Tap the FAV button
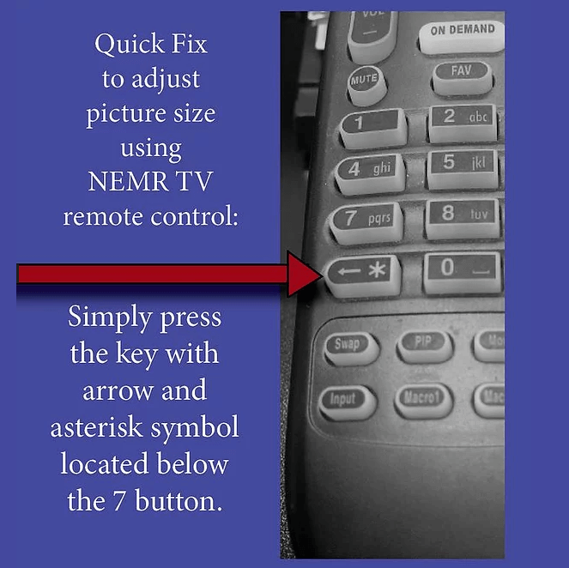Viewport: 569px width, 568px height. click(x=462, y=77)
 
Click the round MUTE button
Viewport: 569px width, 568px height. click(x=366, y=84)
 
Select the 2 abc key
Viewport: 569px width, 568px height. click(x=463, y=123)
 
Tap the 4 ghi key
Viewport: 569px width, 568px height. click(x=370, y=173)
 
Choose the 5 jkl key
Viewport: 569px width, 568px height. click(x=463, y=168)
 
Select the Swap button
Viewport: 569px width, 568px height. click(x=351, y=348)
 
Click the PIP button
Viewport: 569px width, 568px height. click(x=425, y=346)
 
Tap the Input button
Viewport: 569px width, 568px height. click(x=348, y=402)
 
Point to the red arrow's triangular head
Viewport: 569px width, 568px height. click(x=302, y=274)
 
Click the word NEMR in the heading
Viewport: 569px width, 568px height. click(x=127, y=181)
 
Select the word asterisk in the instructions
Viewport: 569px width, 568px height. click(x=96, y=426)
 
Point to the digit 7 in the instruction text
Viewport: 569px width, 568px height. click(x=120, y=501)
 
